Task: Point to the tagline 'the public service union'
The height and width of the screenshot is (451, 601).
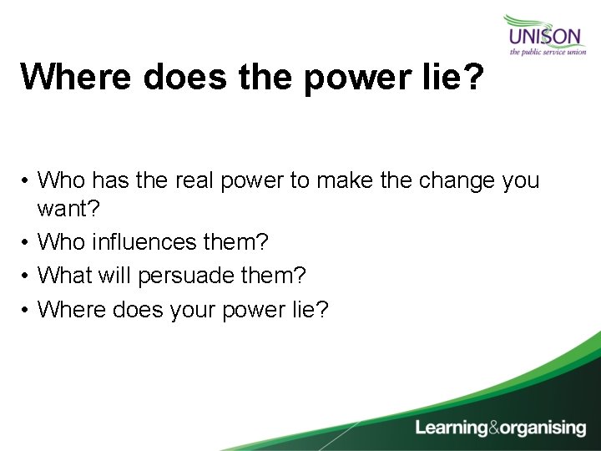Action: pos(548,52)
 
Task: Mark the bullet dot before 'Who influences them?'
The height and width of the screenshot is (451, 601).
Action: pos(27,243)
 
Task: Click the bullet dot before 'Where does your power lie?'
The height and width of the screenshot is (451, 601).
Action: pos(27,310)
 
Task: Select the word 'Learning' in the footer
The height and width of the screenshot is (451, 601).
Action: pos(452,428)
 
